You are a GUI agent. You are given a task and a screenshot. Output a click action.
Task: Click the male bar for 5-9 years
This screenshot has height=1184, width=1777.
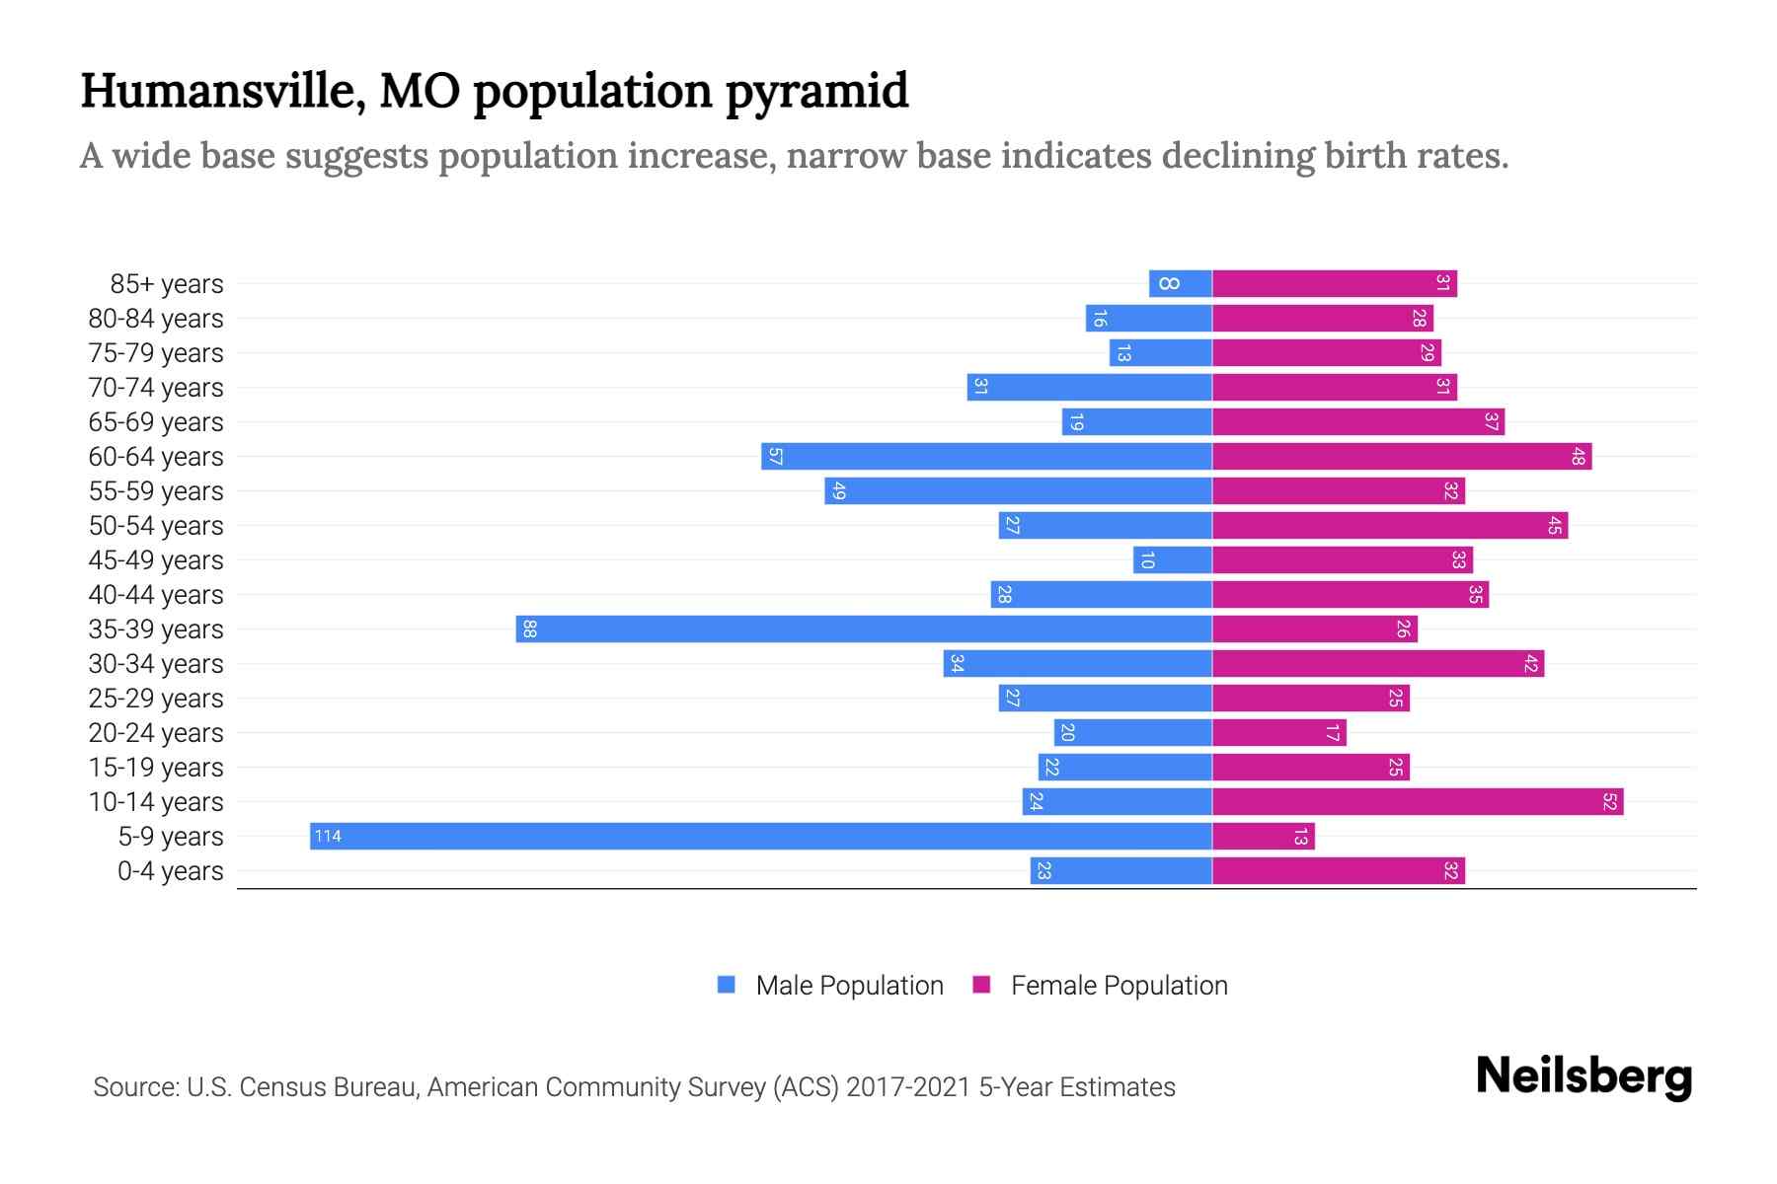760,836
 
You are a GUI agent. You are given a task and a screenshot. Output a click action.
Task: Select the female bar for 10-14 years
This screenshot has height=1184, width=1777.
1418,801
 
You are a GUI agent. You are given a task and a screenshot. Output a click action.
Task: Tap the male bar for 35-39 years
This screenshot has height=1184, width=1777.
864,629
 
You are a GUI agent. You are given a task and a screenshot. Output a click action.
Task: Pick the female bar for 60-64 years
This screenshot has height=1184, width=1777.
1402,456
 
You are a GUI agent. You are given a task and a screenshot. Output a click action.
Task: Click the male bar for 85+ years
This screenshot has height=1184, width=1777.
1181,283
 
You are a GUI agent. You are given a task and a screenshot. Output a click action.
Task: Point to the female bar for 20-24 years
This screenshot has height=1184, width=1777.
1279,732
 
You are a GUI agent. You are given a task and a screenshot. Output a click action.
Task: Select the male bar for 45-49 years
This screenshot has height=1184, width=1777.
1173,559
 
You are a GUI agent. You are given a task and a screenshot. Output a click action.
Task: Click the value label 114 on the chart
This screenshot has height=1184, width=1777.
327,836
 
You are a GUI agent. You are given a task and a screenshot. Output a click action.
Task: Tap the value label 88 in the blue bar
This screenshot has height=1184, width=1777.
529,629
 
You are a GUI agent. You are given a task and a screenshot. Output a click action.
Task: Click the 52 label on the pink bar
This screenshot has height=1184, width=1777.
1609,801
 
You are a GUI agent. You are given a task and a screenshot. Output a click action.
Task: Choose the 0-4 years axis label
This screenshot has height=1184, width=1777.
170,871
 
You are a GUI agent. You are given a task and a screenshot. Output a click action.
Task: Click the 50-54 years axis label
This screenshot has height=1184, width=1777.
156,526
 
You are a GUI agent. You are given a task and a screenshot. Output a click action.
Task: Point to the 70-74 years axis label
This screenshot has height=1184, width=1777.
156,388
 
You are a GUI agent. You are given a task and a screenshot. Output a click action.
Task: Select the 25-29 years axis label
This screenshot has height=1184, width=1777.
156,699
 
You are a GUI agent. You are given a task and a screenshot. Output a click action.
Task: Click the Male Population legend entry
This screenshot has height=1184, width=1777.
849,985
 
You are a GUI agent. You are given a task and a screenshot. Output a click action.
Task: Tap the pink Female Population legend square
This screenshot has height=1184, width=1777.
981,985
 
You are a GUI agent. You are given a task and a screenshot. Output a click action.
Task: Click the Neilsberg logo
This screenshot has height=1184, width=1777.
1584,1075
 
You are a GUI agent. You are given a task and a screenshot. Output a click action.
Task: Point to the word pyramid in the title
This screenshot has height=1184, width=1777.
816,91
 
